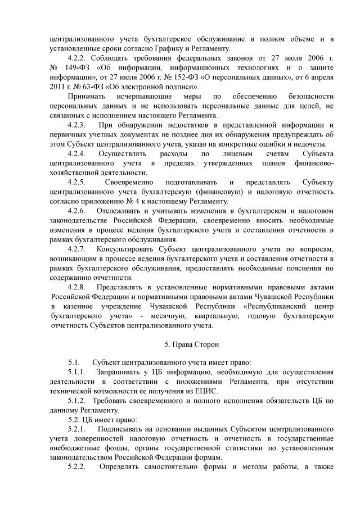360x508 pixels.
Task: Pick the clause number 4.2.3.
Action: point(78,125)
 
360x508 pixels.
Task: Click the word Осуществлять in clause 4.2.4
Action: point(121,153)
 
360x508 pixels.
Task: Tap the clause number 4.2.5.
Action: point(78,182)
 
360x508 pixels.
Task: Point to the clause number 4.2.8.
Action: point(78,287)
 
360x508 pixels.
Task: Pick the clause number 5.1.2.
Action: point(78,402)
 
